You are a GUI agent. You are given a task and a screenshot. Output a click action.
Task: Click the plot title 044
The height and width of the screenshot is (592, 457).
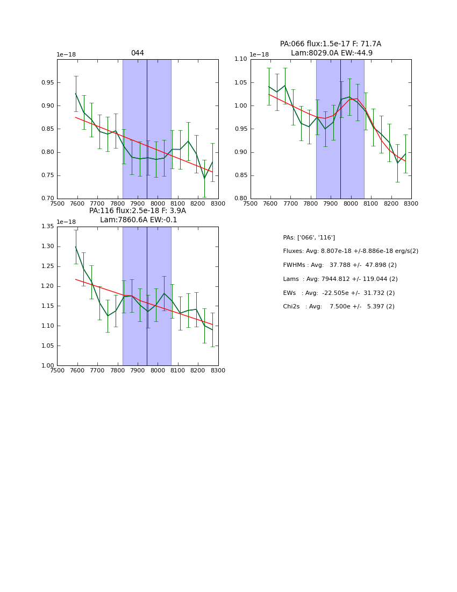pos(138,53)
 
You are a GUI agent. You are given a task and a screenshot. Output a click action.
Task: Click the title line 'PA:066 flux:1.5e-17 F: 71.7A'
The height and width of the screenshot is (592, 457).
pos(331,44)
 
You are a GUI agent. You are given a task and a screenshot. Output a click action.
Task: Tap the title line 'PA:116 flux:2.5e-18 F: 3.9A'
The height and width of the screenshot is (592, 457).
pos(138,211)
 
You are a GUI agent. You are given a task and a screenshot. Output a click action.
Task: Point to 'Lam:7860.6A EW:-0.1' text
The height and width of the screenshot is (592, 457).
pos(138,220)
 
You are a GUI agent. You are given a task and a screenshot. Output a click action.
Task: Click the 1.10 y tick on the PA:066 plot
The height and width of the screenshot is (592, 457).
pos(240,59)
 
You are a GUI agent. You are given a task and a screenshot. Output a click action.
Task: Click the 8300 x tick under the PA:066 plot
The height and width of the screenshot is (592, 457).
pos(411,203)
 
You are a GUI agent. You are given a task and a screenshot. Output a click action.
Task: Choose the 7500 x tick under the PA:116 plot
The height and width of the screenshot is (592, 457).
pos(57,370)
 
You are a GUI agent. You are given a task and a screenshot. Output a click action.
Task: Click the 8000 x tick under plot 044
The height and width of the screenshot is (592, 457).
pos(158,203)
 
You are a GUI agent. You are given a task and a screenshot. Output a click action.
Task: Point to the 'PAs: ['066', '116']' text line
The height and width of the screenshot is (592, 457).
pos(309,237)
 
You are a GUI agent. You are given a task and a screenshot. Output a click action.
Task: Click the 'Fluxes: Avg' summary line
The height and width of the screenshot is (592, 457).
pos(351,251)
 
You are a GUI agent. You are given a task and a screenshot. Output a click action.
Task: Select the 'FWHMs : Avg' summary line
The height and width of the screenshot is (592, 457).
pos(340,265)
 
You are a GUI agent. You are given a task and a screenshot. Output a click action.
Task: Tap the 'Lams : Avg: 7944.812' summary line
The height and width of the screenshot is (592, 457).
pos(340,279)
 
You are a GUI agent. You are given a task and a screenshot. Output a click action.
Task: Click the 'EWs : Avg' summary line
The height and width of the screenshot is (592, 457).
pos(339,293)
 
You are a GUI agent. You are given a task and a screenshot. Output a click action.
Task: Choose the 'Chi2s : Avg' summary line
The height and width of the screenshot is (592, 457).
pos(339,307)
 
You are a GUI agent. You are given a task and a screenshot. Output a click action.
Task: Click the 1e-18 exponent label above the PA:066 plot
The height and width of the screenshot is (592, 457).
pos(259,54)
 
